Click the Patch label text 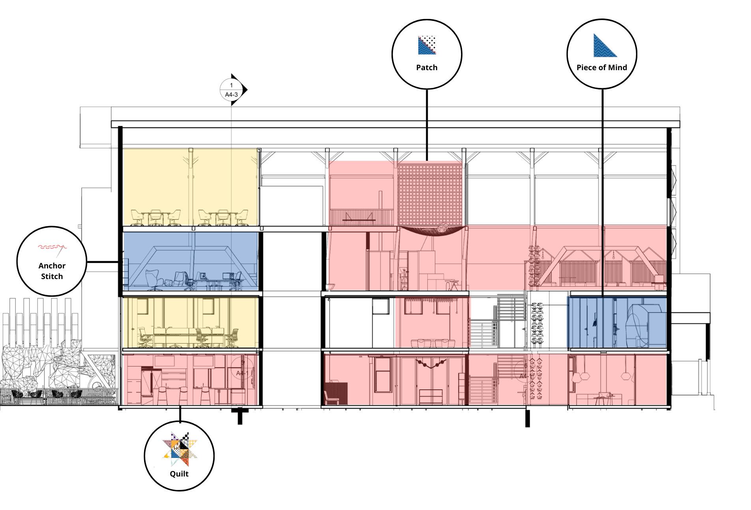click(x=427, y=67)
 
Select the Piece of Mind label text click(x=601, y=67)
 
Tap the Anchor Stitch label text click(x=52, y=271)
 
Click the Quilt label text click(x=179, y=474)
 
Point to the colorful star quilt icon click(x=180, y=450)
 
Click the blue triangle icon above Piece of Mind click(x=604, y=46)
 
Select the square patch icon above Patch click(x=427, y=45)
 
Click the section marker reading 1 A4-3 click(x=232, y=90)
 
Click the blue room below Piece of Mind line click(x=617, y=322)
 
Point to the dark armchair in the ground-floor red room click(x=335, y=393)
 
